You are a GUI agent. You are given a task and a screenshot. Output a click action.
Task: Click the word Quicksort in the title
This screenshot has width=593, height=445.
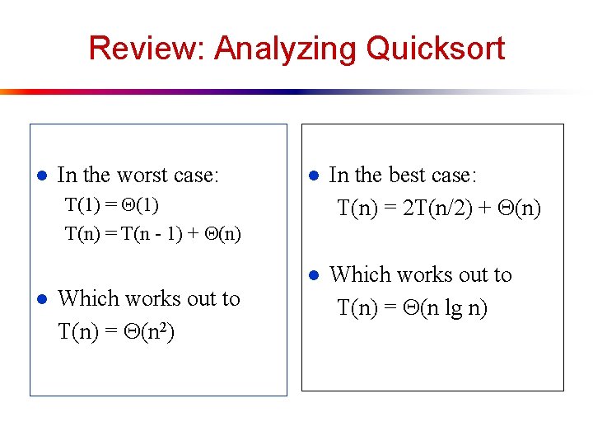435,49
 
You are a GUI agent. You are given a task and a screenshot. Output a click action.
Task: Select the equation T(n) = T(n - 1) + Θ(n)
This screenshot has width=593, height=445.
153,234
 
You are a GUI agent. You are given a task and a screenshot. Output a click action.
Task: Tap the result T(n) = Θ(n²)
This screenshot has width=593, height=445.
116,332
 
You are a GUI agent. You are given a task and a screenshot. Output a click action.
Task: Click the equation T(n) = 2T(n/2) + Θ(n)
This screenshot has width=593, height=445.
439,208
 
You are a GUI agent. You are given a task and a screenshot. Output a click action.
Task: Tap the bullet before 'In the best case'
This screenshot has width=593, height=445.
313,176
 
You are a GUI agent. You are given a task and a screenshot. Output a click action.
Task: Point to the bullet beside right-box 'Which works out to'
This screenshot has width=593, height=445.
313,275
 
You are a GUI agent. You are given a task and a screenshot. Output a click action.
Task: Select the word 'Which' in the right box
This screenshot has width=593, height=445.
356,274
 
